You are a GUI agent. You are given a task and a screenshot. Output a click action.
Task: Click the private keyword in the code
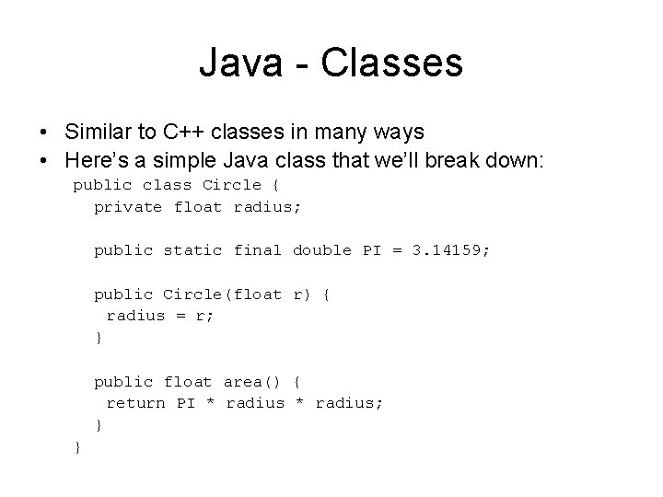click(x=128, y=206)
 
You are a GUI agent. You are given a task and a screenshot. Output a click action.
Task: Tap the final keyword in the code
click(x=257, y=250)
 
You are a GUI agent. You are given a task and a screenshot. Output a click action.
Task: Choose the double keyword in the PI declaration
click(x=322, y=250)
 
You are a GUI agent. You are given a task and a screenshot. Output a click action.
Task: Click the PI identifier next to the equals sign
click(x=372, y=250)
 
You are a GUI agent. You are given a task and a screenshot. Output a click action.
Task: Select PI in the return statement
click(x=187, y=402)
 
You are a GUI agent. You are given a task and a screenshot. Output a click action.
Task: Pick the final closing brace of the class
click(x=77, y=446)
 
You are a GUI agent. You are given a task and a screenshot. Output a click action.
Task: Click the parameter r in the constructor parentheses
click(x=297, y=295)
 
